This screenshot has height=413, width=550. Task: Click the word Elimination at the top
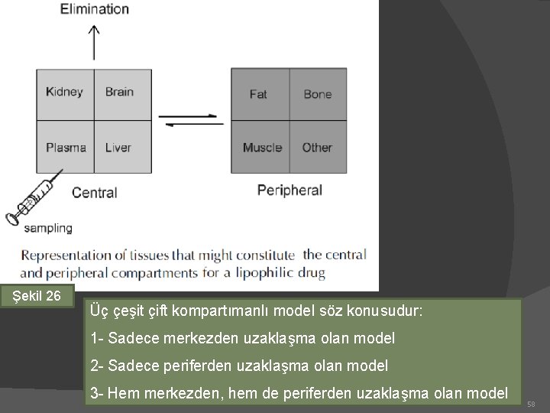[x=94, y=9]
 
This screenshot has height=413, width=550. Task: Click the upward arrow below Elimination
[x=94, y=42]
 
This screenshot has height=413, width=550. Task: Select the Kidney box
[x=65, y=93]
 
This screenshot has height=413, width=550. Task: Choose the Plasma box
[x=65, y=147]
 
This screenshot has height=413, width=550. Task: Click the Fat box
[x=259, y=94]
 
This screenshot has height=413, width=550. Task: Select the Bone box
[x=318, y=94]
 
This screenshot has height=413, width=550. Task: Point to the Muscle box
[x=262, y=147]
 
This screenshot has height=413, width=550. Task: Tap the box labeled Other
[x=318, y=147]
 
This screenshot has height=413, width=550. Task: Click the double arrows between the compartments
[x=191, y=120]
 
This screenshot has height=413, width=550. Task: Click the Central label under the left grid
[x=95, y=192]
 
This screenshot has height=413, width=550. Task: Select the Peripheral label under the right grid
[x=290, y=190]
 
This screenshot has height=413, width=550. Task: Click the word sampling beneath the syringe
[x=48, y=227]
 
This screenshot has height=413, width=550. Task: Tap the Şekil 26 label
[x=43, y=295]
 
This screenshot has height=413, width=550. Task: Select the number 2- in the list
[x=97, y=366]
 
